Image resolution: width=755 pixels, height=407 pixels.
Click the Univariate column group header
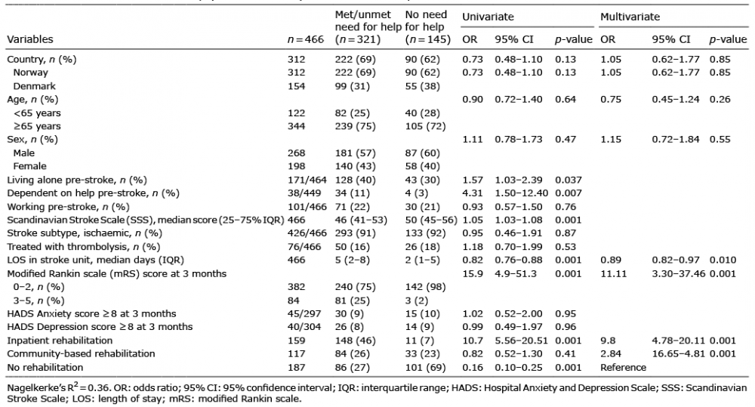click(488, 17)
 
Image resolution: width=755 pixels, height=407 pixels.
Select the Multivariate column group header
click(630, 17)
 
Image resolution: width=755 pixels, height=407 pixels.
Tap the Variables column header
click(30, 39)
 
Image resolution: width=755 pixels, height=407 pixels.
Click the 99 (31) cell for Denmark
click(353, 86)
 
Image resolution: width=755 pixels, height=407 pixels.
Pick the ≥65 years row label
click(37, 126)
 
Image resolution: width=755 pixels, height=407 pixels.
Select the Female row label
click(30, 166)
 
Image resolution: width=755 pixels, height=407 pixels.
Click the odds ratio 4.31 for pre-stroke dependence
click(473, 193)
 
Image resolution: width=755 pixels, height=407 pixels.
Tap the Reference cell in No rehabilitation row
click(623, 368)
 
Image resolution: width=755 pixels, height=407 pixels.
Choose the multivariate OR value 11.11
click(613, 273)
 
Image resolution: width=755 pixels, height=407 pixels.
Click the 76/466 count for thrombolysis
click(307, 247)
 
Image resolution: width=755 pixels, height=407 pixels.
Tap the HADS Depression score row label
click(100, 327)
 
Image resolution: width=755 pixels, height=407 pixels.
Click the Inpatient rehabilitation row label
click(60, 341)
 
